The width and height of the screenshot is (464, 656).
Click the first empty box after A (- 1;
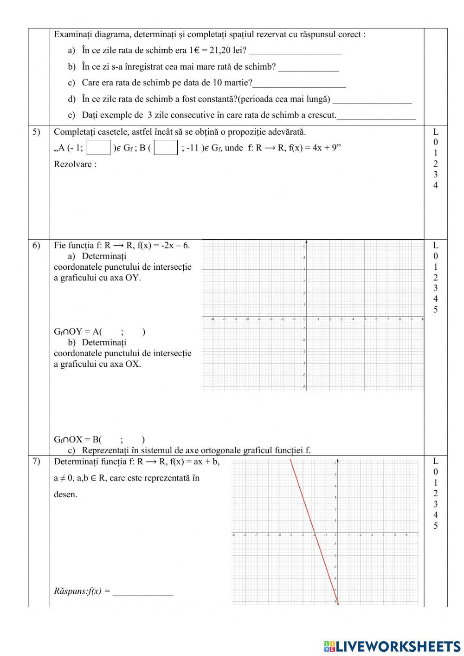click(x=99, y=148)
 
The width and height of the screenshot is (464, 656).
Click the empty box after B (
click(x=166, y=148)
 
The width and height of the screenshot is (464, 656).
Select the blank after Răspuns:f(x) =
click(x=143, y=591)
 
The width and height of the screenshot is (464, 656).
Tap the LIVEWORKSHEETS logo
click(x=392, y=646)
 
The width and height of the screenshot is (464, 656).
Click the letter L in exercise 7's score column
click(x=435, y=461)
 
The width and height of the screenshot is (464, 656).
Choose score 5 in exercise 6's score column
click(x=435, y=310)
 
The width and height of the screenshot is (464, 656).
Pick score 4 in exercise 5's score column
click(x=435, y=185)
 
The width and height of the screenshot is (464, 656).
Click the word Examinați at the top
click(x=73, y=34)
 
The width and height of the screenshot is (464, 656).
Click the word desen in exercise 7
click(x=65, y=494)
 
